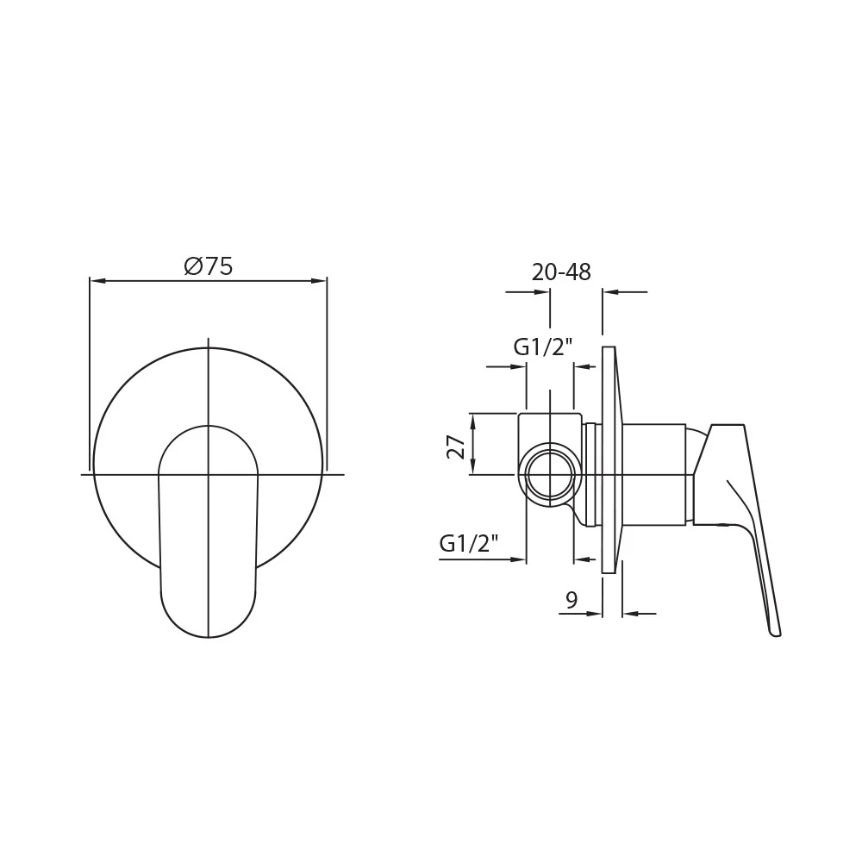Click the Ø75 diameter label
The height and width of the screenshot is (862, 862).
click(209, 266)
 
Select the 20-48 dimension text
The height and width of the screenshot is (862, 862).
click(561, 272)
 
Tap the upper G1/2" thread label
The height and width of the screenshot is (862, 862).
click(543, 347)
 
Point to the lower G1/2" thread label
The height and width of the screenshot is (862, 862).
click(469, 544)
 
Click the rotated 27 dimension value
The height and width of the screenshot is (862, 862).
click(456, 447)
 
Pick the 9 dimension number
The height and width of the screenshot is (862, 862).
click(572, 600)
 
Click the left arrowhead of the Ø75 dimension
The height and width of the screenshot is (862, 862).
click(97, 281)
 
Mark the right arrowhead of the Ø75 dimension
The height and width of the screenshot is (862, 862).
click(319, 281)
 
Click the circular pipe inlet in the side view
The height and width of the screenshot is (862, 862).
click(550, 477)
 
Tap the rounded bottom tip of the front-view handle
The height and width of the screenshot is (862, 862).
click(209, 637)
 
